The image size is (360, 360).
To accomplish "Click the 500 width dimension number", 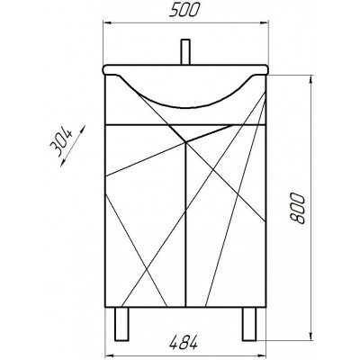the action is [x=184, y=11].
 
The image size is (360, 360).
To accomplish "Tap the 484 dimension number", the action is [x=184, y=342].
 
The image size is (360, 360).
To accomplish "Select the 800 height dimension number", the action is [x=297, y=208].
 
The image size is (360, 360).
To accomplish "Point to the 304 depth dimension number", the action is [x=62, y=141].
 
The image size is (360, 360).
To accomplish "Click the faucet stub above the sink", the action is [x=185, y=52].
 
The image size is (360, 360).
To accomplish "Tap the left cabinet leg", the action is [x=121, y=324].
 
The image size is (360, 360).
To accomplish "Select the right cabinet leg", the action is [x=249, y=324].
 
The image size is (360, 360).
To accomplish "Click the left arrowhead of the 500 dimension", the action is [x=107, y=22].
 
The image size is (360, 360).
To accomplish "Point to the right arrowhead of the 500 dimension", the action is [x=264, y=22].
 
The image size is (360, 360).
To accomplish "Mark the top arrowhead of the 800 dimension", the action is [x=311, y=80].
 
